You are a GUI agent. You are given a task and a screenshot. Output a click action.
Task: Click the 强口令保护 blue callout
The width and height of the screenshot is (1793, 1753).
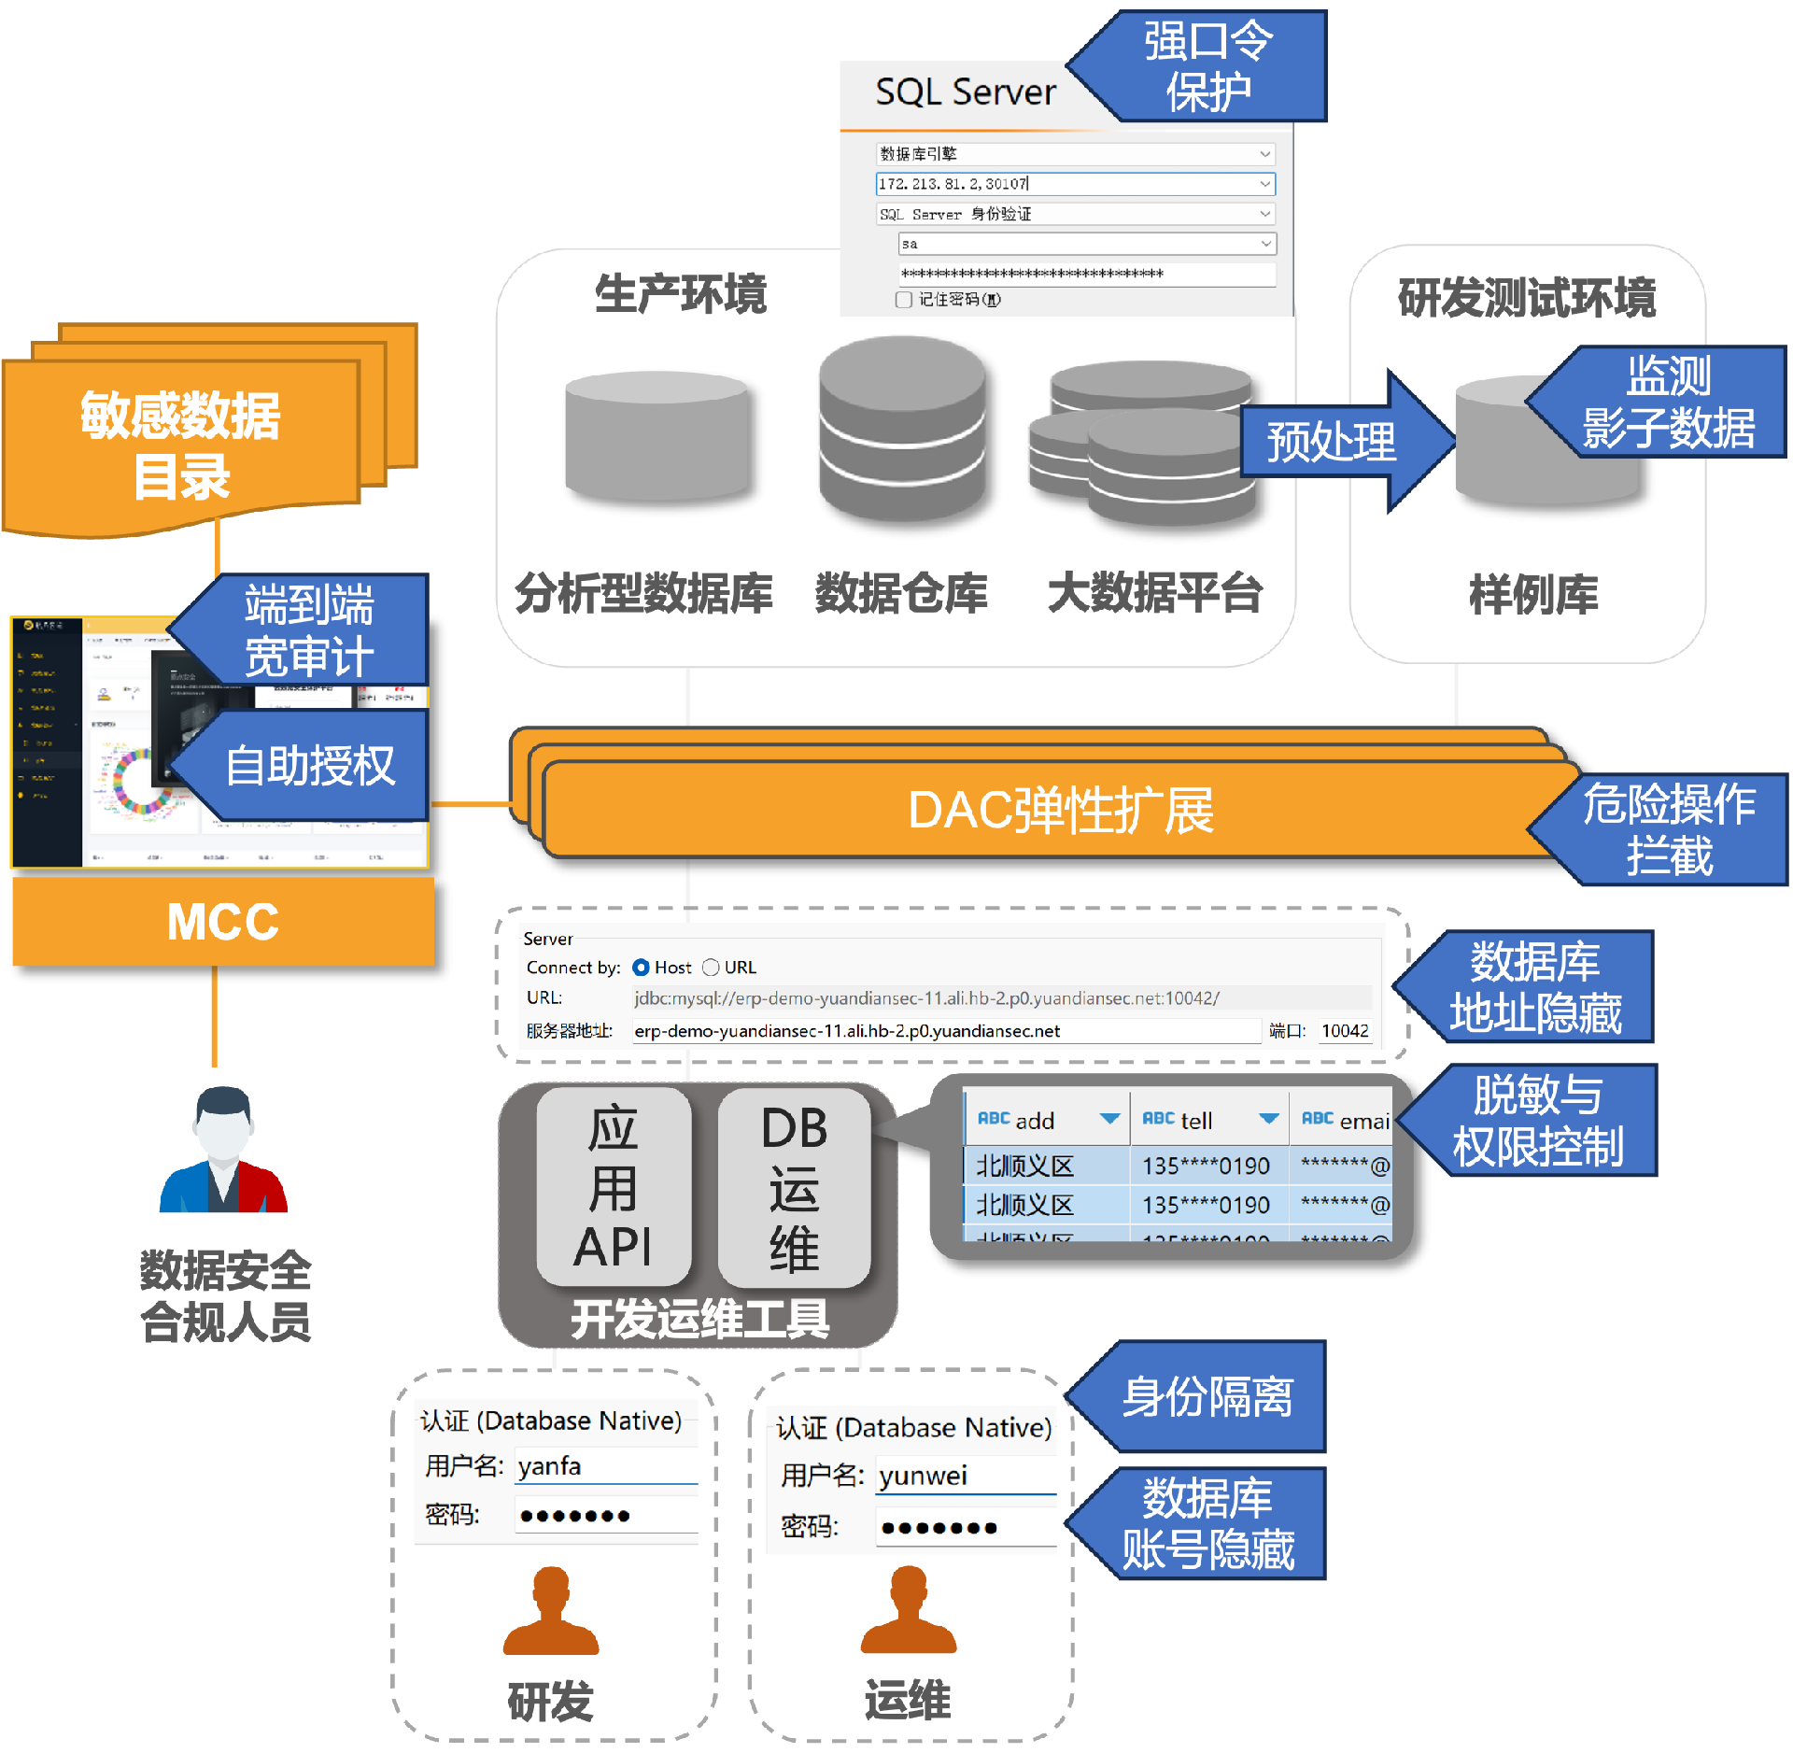pyautogui.click(x=1209, y=66)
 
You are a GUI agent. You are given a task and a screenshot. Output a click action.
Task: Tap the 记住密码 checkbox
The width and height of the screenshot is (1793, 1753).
pyautogui.click(x=904, y=300)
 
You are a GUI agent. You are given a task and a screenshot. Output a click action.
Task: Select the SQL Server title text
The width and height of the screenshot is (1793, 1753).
pyautogui.click(x=965, y=92)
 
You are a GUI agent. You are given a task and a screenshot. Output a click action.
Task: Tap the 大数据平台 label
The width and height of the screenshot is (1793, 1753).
pyautogui.click(x=1154, y=593)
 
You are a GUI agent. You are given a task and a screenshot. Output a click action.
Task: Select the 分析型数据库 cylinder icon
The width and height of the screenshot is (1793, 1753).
pyautogui.click(x=657, y=435)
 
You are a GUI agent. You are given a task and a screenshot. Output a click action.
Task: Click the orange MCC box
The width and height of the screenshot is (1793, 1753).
pyautogui.click(x=223, y=922)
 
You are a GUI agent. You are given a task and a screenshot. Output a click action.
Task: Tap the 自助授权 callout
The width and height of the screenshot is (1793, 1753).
pyautogui.click(x=308, y=766)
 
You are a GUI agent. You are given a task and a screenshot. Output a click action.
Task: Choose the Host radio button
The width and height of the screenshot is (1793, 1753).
pyautogui.click(x=641, y=968)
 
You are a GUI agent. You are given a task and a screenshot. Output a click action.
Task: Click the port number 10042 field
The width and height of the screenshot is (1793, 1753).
pyautogui.click(x=1345, y=1031)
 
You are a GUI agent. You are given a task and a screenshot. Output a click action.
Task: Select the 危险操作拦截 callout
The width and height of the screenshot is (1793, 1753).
pyautogui.click(x=1668, y=829)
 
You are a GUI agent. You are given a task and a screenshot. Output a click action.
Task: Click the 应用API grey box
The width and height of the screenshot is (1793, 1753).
pyautogui.click(x=613, y=1186)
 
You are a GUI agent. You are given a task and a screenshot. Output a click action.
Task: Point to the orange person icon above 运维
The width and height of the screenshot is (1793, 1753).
pyautogui.click(x=908, y=1610)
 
